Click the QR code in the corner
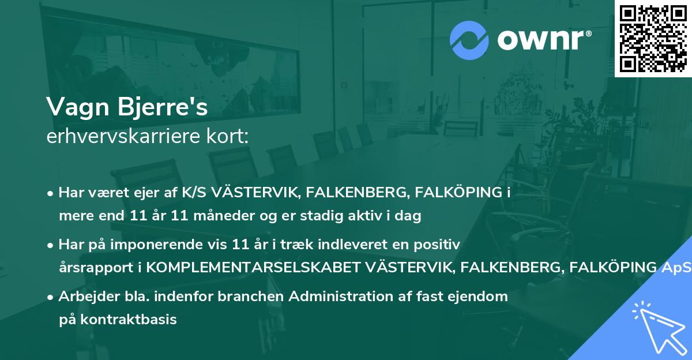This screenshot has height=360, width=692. (x=653, y=38)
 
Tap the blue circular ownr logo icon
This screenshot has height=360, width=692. (x=469, y=40)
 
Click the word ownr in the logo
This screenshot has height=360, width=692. (x=541, y=41)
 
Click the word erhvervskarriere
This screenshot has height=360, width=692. (x=125, y=137)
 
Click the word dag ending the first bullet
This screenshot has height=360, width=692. (x=409, y=216)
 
